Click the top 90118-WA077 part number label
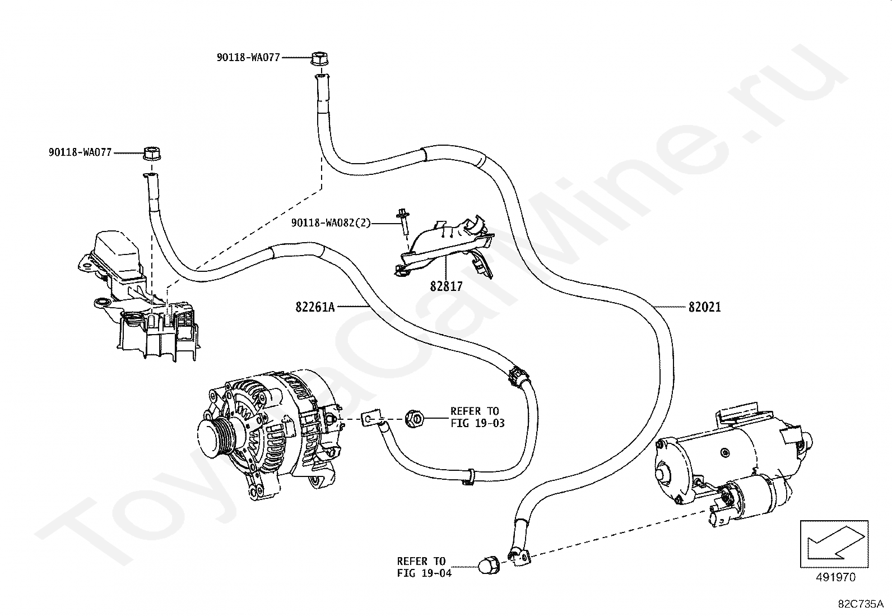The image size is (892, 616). click(248, 57)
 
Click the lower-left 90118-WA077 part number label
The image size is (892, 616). click(80, 152)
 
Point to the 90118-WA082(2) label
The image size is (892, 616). click(331, 223)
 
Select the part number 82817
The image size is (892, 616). click(446, 286)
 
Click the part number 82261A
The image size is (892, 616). click(315, 307)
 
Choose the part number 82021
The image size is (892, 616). click(704, 307)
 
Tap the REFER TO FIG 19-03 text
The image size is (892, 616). click(477, 417)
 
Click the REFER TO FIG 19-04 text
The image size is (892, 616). click(424, 567)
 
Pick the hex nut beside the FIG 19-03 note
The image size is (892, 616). click(414, 418)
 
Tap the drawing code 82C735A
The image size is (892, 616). click(860, 604)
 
